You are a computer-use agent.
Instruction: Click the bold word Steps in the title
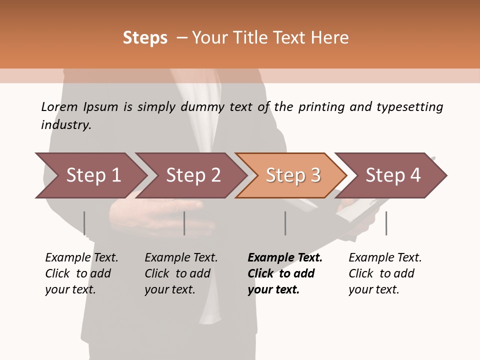click(x=145, y=38)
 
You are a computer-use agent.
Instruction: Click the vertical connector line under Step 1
click(x=84, y=223)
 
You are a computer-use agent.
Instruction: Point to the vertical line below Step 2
click(x=184, y=223)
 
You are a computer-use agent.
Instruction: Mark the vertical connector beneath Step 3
click(x=285, y=223)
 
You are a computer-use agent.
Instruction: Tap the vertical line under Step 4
click(x=386, y=223)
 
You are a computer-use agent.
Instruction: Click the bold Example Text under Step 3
click(x=285, y=258)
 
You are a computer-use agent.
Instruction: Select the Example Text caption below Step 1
click(x=81, y=258)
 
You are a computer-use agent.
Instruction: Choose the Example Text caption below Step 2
click(x=181, y=258)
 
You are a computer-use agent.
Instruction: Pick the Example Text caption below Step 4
click(x=385, y=258)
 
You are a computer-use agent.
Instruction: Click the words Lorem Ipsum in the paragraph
click(x=79, y=107)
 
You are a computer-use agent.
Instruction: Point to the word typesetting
click(x=409, y=107)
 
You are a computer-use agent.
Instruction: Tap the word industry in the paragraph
click(x=65, y=125)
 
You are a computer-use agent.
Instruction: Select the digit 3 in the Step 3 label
click(x=315, y=175)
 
